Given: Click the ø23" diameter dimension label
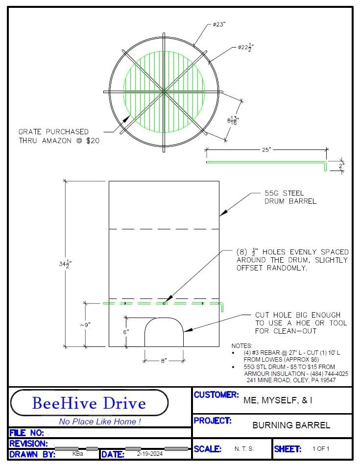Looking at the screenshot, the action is pyautogui.click(x=219, y=25).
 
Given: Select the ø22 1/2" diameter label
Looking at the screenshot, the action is pyautogui.click(x=246, y=47).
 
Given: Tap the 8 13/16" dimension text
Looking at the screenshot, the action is pyautogui.click(x=233, y=121).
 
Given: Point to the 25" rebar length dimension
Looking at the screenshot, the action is pyautogui.click(x=266, y=149).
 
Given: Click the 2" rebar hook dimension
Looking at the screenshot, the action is pyautogui.click(x=341, y=166).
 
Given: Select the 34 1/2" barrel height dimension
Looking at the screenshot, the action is pyautogui.click(x=65, y=264).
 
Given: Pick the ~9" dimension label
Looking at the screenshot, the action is pyautogui.click(x=85, y=325).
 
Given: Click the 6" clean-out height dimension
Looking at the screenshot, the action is pyautogui.click(x=126, y=332).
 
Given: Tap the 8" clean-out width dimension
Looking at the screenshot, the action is pyautogui.click(x=164, y=361).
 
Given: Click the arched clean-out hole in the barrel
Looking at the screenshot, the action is pyautogui.click(x=164, y=318).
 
